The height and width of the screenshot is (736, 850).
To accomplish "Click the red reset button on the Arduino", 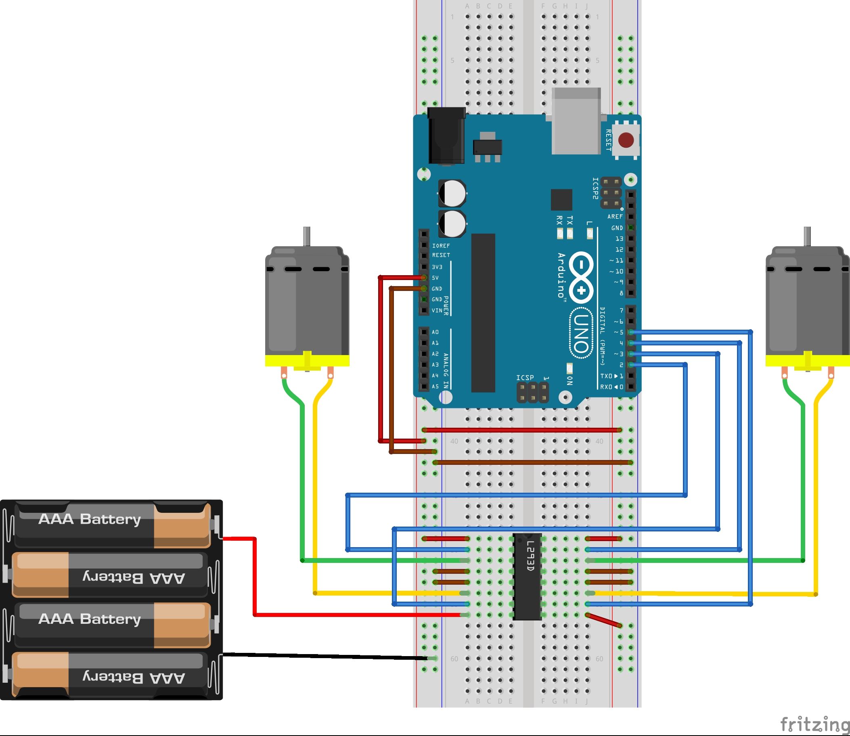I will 626,140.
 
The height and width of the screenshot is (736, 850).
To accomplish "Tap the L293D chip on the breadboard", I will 527,577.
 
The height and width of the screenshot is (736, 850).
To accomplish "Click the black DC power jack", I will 446,136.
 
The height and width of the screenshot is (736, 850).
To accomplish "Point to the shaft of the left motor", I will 306,236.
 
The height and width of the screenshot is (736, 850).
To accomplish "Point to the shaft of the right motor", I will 807,236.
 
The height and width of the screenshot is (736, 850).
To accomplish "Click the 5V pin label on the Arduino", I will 435,278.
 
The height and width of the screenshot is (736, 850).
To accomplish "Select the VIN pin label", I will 437,311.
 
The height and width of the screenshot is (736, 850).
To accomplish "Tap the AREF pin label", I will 615,216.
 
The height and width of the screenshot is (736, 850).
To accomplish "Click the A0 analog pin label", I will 435,332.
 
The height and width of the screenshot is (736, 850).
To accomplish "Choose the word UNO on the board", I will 581,333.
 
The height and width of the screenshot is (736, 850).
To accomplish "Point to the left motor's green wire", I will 303,473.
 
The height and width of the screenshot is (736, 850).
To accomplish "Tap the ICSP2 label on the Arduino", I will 595,188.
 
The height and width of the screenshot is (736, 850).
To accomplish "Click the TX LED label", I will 569,220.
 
